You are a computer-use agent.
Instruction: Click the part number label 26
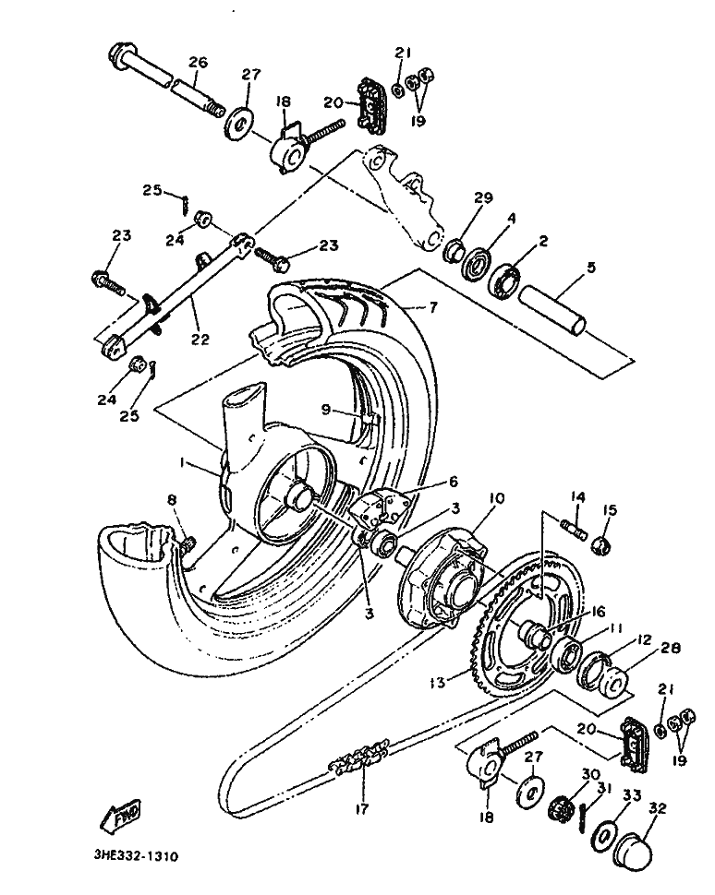(198, 62)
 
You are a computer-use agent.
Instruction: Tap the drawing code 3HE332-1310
(137, 856)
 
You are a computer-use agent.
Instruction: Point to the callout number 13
(438, 682)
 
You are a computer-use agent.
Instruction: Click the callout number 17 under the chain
(362, 808)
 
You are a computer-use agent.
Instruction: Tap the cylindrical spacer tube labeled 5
(552, 310)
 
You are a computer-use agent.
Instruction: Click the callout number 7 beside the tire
(433, 307)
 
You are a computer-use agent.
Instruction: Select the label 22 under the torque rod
(200, 339)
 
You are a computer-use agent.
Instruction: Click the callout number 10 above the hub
(496, 498)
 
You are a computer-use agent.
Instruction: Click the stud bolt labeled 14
(575, 525)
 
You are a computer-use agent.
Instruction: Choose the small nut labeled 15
(600, 546)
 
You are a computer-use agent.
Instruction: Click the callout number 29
(483, 198)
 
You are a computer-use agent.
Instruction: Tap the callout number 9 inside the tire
(325, 410)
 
